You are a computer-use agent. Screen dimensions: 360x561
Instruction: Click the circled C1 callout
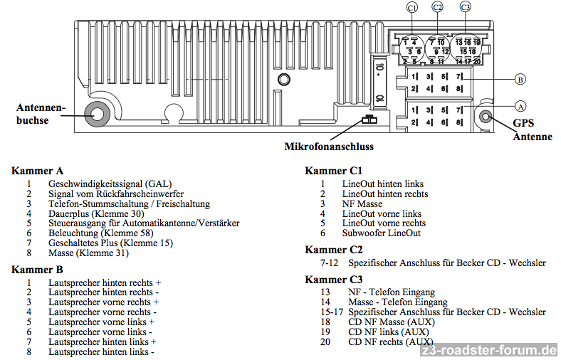click(411, 8)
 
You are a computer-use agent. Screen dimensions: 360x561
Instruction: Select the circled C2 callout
click(438, 8)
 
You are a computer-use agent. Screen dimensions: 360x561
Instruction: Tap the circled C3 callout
click(466, 8)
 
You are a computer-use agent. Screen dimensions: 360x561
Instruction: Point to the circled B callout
click(520, 80)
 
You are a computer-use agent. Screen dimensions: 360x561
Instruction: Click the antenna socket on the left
click(95, 113)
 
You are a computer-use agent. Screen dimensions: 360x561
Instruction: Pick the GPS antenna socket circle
click(486, 117)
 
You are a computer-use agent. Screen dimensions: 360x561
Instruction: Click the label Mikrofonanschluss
click(329, 147)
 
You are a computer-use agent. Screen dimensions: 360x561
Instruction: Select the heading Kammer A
click(38, 171)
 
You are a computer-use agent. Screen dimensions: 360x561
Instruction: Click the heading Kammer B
click(38, 270)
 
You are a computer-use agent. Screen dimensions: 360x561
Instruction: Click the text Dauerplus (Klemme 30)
click(96, 213)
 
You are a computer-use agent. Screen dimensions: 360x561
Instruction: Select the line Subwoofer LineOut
click(381, 233)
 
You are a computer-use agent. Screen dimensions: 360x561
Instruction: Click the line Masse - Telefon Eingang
click(393, 302)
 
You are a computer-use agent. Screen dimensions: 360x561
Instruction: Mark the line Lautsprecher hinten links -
click(101, 352)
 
